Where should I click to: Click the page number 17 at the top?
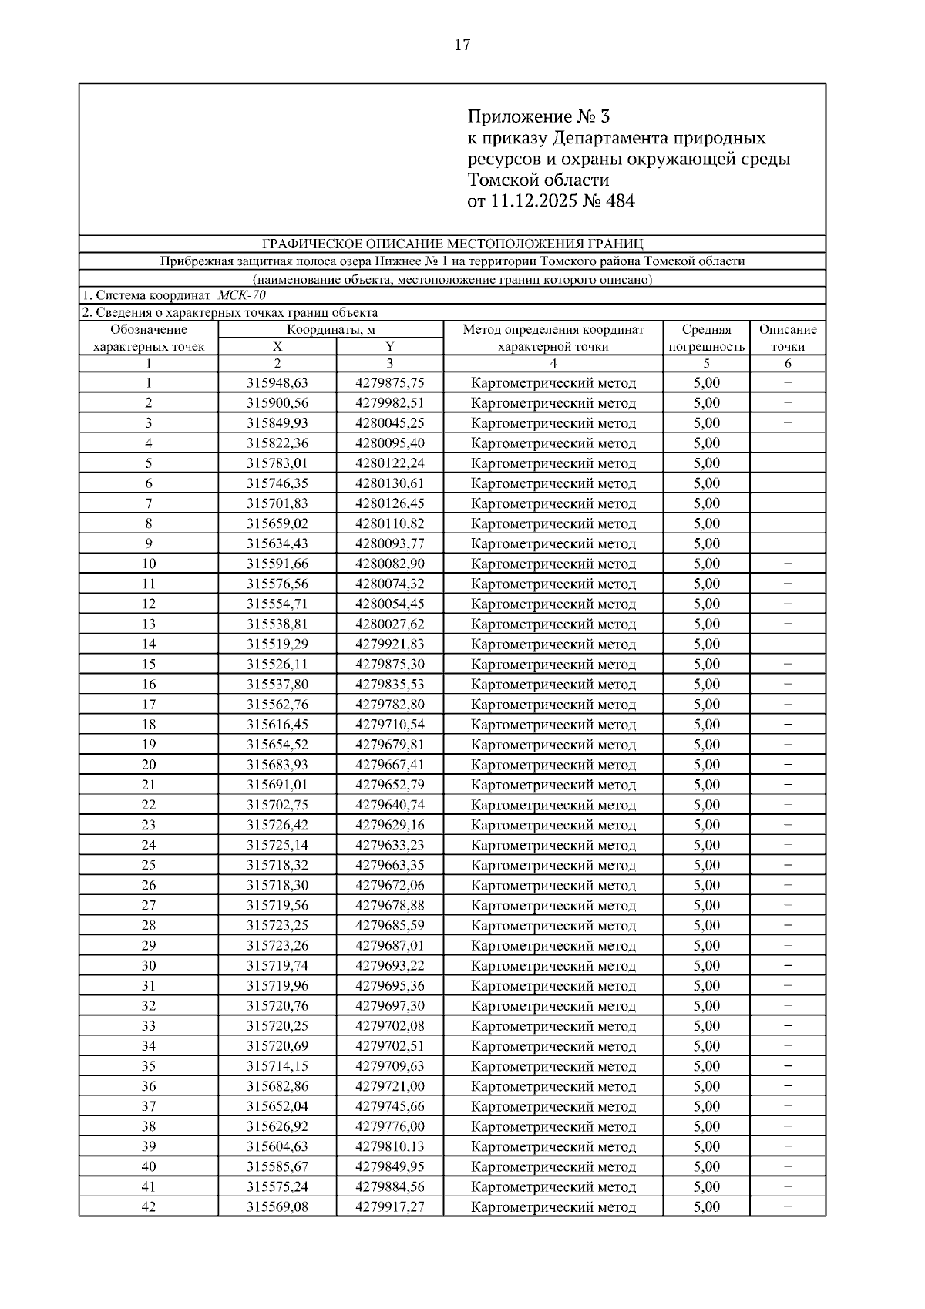(x=462, y=45)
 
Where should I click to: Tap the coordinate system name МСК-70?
(x=242, y=295)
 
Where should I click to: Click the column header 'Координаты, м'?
(x=331, y=330)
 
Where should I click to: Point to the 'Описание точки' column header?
(x=787, y=338)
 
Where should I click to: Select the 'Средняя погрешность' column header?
(x=706, y=338)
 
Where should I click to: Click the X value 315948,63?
(x=277, y=383)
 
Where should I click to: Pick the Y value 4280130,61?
(x=389, y=483)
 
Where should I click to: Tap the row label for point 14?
(x=148, y=644)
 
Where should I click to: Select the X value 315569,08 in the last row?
(x=277, y=1207)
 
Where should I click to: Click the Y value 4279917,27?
(x=389, y=1207)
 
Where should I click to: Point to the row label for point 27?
(x=148, y=906)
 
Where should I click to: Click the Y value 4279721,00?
(x=389, y=1086)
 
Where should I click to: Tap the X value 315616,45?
(x=277, y=725)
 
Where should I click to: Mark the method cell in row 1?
(x=553, y=383)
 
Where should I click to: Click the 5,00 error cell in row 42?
(x=706, y=1207)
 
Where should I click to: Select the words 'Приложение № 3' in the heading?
(x=538, y=117)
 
